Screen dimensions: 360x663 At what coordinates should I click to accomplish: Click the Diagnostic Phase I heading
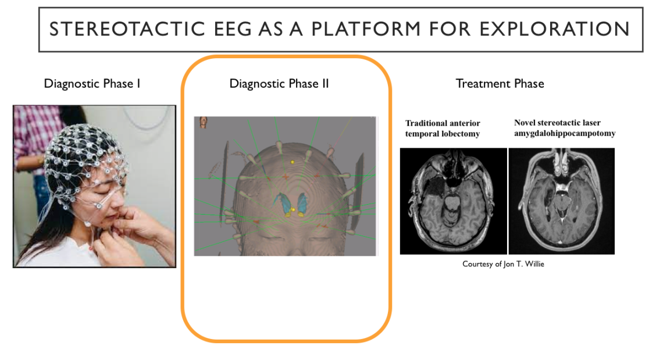(92, 84)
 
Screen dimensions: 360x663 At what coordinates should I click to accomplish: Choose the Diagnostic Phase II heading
(279, 84)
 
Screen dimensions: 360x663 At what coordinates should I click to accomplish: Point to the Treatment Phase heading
(500, 84)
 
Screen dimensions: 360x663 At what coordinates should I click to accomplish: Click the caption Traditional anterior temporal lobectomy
(443, 128)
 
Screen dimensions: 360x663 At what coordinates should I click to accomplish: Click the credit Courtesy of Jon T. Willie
(503, 264)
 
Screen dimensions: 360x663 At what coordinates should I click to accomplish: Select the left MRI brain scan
(453, 201)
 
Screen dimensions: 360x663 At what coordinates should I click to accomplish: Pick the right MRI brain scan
(561, 201)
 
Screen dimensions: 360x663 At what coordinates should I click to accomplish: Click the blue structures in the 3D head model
(286, 203)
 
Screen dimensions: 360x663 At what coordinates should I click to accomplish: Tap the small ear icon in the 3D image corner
(203, 123)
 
